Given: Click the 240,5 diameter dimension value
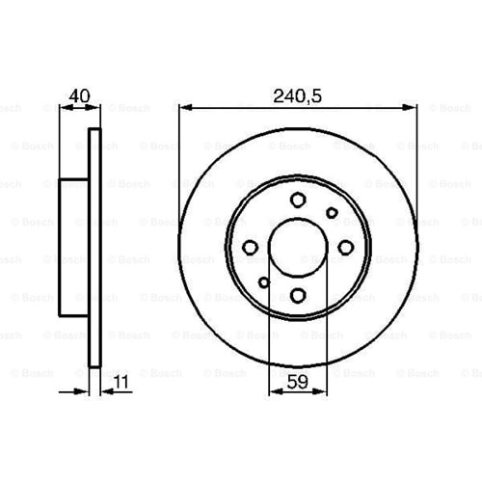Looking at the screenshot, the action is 297,96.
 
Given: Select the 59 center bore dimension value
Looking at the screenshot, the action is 298,382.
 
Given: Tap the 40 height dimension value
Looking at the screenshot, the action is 80,95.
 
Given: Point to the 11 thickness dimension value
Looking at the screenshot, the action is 121,382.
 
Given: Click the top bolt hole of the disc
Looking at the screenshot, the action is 298,200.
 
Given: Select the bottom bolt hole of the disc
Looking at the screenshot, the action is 298,295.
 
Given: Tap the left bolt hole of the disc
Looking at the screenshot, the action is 250,248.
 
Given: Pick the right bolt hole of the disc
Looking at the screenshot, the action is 346,248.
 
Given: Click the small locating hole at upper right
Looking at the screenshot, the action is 332,213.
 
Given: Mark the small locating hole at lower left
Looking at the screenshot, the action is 264,282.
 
